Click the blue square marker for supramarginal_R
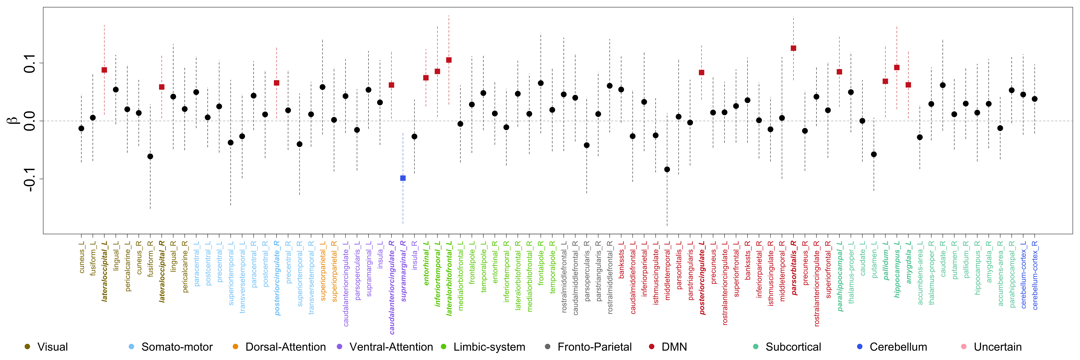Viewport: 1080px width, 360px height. pyautogui.click(x=403, y=178)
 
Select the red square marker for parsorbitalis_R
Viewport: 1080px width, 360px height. pyautogui.click(x=793, y=48)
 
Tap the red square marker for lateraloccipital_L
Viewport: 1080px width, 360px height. pyautogui.click(x=104, y=70)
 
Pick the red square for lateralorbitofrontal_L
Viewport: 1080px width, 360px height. pyautogui.click(x=449, y=60)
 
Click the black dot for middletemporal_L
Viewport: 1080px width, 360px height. pyautogui.click(x=667, y=169)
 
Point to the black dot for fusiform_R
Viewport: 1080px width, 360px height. pyautogui.click(x=150, y=156)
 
